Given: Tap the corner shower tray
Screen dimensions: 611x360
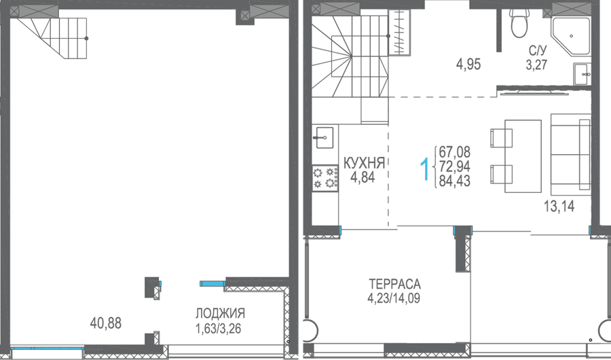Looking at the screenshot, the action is point(570,35).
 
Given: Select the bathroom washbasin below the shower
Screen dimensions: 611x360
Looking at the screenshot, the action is point(582,74).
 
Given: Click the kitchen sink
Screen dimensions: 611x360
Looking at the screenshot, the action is point(325,137).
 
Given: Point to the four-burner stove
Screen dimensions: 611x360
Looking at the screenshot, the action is point(325,178).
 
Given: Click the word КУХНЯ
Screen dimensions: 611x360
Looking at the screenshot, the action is point(364,162).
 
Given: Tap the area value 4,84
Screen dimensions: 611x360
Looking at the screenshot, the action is point(363,177).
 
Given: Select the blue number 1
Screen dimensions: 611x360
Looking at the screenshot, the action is point(425,169).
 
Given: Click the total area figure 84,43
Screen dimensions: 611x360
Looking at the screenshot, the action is point(454,181).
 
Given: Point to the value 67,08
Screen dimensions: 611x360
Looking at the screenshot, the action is point(454,151).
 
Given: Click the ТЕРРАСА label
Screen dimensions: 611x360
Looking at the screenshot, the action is point(394,283).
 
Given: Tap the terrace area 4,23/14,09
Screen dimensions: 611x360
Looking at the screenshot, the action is point(394,298).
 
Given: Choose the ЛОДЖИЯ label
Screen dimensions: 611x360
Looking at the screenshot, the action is point(220,313).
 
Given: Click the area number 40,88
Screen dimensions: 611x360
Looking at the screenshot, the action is point(106,323).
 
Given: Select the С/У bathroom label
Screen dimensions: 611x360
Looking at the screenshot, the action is point(538,50).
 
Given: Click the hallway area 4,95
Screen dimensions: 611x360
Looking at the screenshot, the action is point(468,64).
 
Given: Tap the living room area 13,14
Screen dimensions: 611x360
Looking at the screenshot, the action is point(559,206).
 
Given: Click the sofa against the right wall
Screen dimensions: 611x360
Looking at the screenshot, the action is point(571,151).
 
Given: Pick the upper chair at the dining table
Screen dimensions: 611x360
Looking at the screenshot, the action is point(501,138).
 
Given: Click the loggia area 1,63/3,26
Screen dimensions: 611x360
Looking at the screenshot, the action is point(218,328).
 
